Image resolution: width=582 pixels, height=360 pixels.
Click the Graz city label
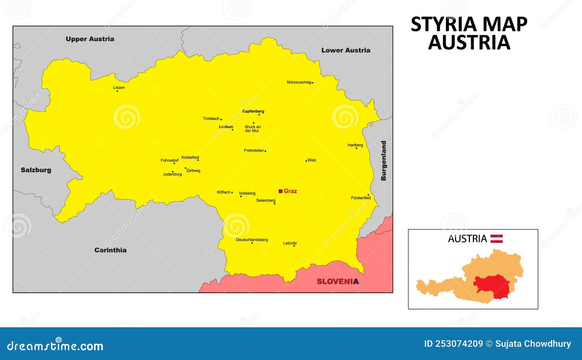[x=290, y=191]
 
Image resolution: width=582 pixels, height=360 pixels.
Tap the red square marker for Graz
[x=280, y=191]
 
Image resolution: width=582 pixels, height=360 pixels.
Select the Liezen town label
[x=119, y=87]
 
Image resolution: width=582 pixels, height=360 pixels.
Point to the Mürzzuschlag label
[x=299, y=82]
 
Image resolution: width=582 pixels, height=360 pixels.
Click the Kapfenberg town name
[x=253, y=111]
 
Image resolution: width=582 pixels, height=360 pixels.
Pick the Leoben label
[x=226, y=127]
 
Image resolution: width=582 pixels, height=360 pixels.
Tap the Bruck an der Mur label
[x=253, y=129]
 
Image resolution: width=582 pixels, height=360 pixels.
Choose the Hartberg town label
[x=355, y=145]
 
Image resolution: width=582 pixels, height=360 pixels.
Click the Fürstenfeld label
[x=361, y=198]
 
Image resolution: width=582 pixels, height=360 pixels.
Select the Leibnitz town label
[x=290, y=243]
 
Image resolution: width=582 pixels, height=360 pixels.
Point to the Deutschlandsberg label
[x=252, y=240]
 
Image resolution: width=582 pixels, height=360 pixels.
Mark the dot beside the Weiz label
[x=306, y=160]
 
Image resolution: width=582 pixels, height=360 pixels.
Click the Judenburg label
[x=172, y=174]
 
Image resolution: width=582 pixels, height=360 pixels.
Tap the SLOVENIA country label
[x=338, y=281]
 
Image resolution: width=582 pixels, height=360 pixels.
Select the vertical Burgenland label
[x=383, y=161]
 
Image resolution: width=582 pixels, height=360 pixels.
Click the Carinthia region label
[x=110, y=250]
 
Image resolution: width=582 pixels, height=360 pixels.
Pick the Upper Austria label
[x=90, y=39]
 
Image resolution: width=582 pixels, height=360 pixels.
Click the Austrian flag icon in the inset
[x=497, y=239]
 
